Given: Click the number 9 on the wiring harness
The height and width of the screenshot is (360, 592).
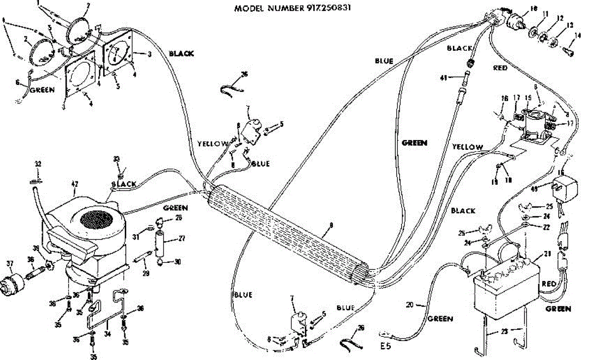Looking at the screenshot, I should [x=331, y=225].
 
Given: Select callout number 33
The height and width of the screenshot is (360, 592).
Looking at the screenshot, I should [x=117, y=159].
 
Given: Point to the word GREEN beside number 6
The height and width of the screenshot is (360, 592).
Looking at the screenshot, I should [x=41, y=91].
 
